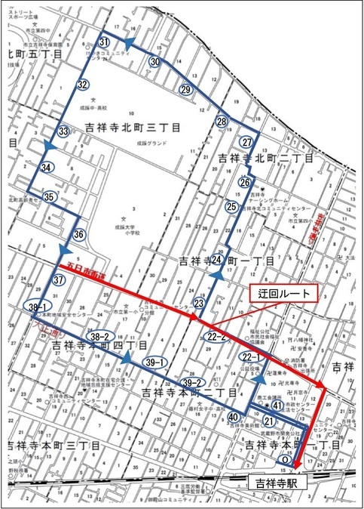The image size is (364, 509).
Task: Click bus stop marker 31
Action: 104,41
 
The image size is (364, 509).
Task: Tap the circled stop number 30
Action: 154,62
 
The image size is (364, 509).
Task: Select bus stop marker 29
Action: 186,90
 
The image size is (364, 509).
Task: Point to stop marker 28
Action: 222,122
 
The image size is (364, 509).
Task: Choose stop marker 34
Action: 47,167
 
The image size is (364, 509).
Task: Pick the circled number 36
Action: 79,235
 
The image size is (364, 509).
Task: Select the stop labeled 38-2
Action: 99,335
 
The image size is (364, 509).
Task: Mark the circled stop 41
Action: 278,406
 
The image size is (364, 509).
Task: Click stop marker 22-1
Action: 250,356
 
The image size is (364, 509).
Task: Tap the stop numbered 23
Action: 199,304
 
